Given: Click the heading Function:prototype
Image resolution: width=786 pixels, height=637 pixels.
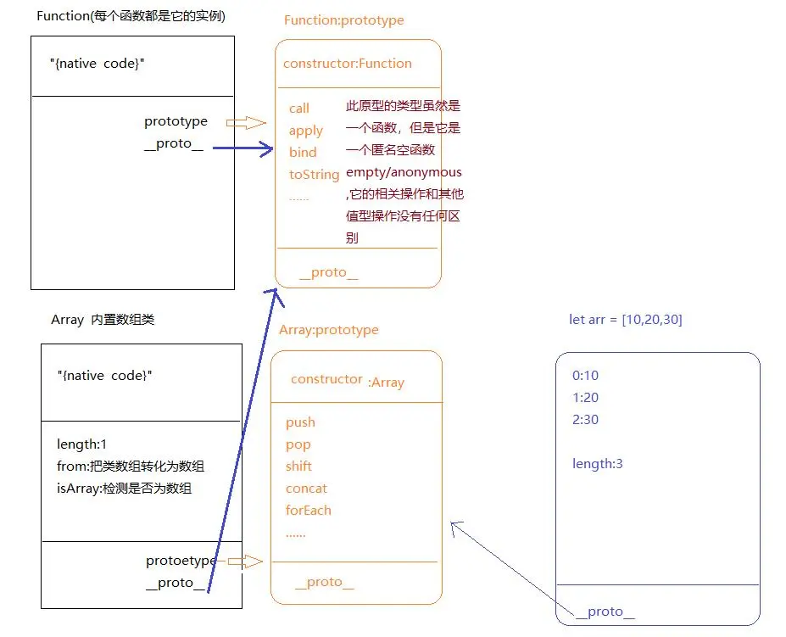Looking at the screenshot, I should pos(343,20).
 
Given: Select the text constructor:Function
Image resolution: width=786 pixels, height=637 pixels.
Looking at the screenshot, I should pos(347,64).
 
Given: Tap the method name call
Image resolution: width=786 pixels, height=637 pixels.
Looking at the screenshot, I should pos(298,109).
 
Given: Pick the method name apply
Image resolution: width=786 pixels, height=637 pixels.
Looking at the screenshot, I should pos(305,131).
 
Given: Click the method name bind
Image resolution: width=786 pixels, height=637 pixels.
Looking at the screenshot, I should pos(302,153).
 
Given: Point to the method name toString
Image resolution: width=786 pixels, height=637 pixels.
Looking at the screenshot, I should pos(314,175).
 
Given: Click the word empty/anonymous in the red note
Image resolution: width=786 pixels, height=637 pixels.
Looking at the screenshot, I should pos(404,172).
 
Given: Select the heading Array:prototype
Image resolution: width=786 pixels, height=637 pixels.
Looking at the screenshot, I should pos(328,330).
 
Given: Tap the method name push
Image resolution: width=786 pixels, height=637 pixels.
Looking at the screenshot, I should pos(300,422).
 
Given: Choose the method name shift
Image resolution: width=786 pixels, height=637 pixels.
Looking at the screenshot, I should pos(298,467).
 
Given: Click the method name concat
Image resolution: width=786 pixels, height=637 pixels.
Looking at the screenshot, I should pos(306,489).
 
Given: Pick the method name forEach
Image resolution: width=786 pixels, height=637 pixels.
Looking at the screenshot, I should pos(308,511).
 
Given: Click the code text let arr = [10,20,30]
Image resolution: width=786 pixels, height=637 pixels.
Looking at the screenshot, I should pos(625,320).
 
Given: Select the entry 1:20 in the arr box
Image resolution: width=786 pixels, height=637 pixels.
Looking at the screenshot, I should pos(585,398).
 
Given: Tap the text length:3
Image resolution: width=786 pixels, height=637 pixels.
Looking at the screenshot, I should pos(599,464).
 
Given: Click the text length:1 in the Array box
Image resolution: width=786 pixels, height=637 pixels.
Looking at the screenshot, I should pos(81,444).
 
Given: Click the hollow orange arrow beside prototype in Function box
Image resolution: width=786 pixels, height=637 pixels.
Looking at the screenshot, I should pos(247,123).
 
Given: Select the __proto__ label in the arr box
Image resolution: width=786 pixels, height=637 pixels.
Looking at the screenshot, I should pos(605,612).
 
